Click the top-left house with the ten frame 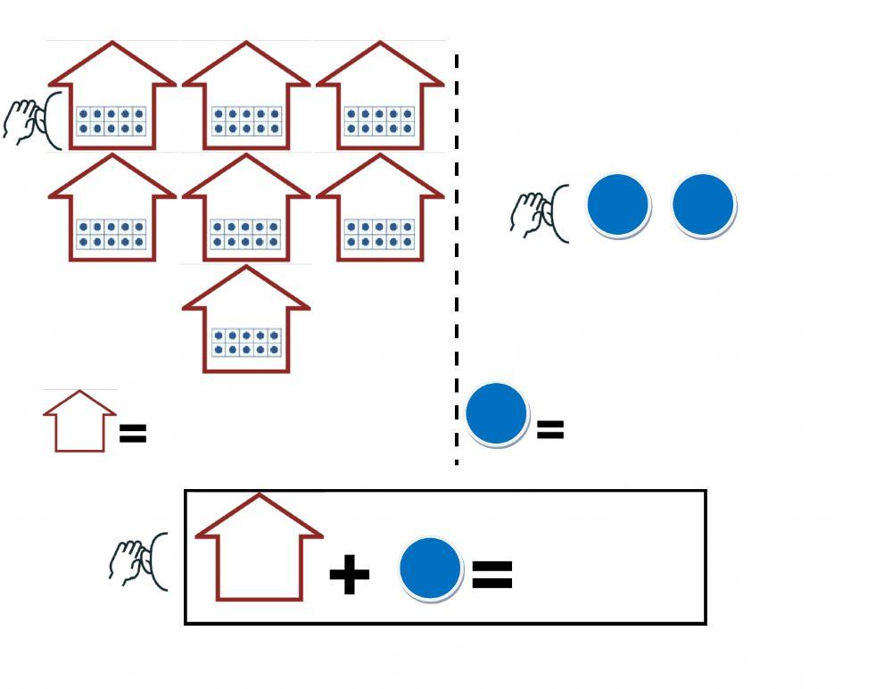[x=111, y=98]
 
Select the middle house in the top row [x=246, y=98]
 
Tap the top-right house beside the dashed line [x=380, y=98]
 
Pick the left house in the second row [x=111, y=210]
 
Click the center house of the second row [x=246, y=210]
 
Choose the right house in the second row [x=380, y=210]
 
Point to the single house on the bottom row [x=246, y=321]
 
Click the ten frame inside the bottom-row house [x=246, y=342]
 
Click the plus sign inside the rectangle [x=349, y=575]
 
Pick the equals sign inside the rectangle [x=491, y=574]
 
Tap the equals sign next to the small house [x=132, y=434]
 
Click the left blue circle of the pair [x=618, y=205]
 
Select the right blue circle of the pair [x=703, y=205]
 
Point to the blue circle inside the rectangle [x=431, y=569]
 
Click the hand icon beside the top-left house [x=23, y=120]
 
